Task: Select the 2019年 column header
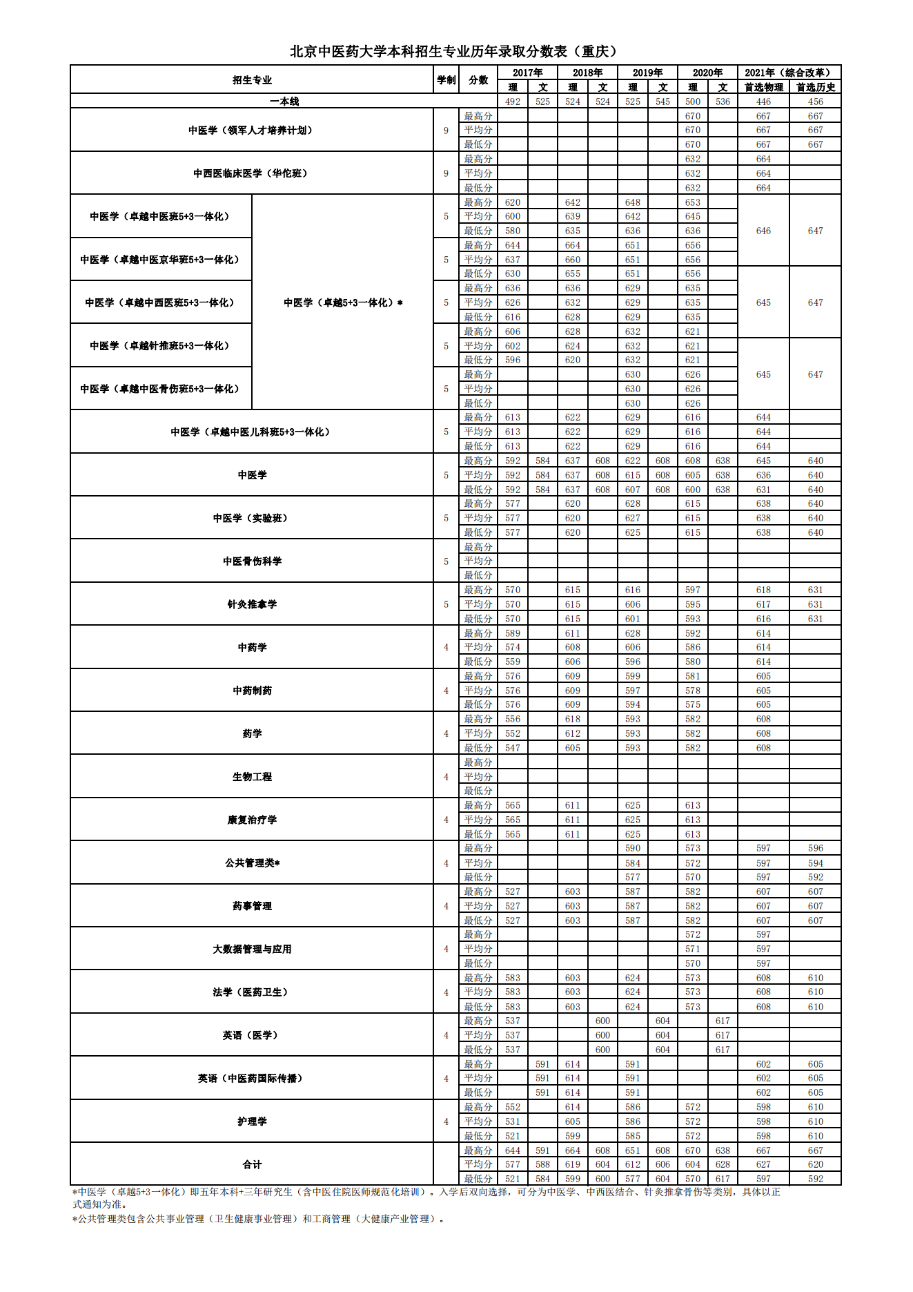coord(647,73)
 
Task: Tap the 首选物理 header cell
coord(763,87)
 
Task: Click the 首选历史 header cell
coord(816,87)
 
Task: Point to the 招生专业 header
coord(252,79)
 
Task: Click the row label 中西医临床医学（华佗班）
coord(252,173)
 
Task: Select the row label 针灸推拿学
coord(252,604)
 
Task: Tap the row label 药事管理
coord(252,906)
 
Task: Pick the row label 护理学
coord(252,1121)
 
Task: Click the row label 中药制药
coord(252,691)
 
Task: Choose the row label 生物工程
coord(252,777)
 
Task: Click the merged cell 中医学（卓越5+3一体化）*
coord(343,302)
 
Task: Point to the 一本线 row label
coord(284,102)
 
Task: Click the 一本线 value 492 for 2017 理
coord(513,102)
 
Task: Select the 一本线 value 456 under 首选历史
coord(816,102)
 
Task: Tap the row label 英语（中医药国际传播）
coord(252,1079)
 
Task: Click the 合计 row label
coord(252,1165)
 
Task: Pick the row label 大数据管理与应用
coord(252,949)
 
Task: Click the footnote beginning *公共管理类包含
coord(259,1219)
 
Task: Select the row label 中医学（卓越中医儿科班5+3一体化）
coord(252,432)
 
